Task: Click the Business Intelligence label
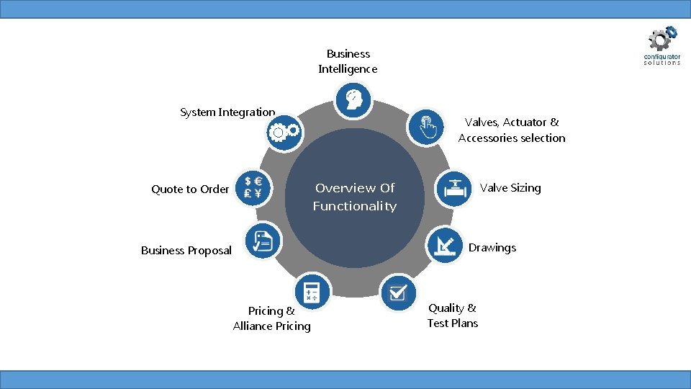tap(348, 61)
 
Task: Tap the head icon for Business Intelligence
tap(353, 99)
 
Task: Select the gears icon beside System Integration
tap(283, 132)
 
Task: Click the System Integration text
tap(227, 112)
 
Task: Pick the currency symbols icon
tap(253, 187)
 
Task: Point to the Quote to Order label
tap(190, 189)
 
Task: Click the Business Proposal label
tap(186, 251)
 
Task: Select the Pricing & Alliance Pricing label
tap(272, 318)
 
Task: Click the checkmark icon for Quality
tap(397, 292)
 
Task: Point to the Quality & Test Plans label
tap(452, 316)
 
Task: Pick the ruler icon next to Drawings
tap(445, 245)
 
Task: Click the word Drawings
tap(492, 248)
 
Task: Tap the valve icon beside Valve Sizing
tap(453, 188)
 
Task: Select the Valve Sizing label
tap(510, 188)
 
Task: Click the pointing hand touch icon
tap(425, 126)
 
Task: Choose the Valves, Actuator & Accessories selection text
tap(512, 130)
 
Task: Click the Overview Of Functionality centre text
tap(355, 197)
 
